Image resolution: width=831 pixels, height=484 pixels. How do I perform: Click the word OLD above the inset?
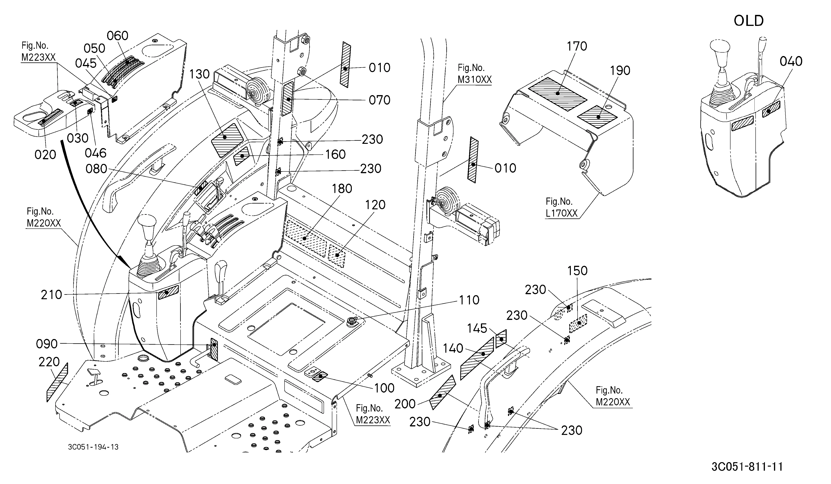pos(749,21)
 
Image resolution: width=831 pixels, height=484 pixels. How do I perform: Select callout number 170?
pos(577,46)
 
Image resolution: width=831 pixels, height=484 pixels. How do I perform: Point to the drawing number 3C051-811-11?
pos(747,467)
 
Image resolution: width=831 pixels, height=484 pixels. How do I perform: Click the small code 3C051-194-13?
pos(93,447)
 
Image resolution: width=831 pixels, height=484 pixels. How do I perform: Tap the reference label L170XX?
pos(562,213)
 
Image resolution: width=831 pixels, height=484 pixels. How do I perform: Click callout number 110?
pos(469,300)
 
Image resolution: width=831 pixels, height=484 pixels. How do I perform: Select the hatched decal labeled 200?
pos(442,392)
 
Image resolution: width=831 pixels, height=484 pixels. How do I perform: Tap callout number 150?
pos(577,271)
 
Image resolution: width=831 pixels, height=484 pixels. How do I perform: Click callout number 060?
pos(118,36)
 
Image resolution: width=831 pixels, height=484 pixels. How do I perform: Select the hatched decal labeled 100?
pos(320,376)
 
